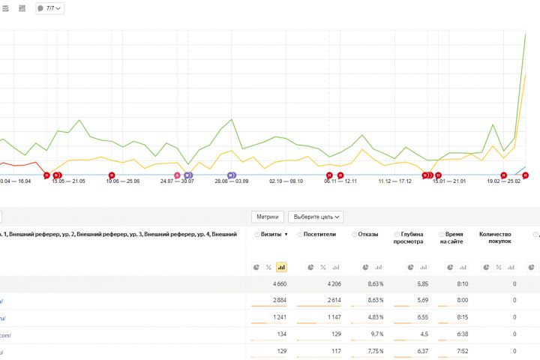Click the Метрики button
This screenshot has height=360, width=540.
[x=268, y=217]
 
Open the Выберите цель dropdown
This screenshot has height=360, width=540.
[x=315, y=217]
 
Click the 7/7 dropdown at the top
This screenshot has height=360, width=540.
[x=49, y=8]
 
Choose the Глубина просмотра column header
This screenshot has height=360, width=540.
[x=412, y=238]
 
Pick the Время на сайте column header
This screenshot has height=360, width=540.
[x=455, y=238]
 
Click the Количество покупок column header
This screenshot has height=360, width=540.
[x=495, y=238]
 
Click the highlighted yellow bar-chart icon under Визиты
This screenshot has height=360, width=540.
[x=281, y=266]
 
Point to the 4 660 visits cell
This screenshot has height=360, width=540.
[x=276, y=284]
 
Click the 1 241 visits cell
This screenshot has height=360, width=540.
[x=276, y=317]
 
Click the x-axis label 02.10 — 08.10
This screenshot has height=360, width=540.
[x=286, y=181]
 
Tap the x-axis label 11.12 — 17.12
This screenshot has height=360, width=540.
[x=394, y=181]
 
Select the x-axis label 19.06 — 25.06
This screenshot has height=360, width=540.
[x=123, y=181]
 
